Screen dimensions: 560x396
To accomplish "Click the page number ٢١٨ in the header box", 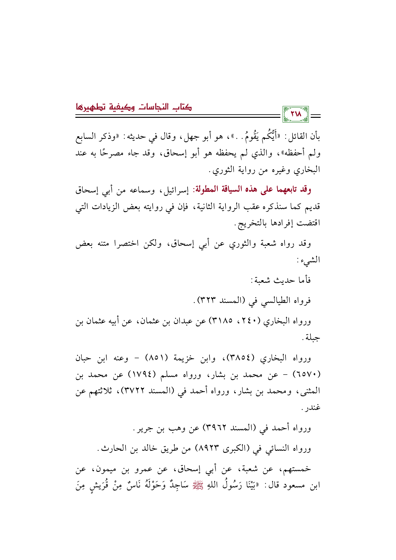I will pos(296,114).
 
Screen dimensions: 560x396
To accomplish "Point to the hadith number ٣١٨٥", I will pos(224,321).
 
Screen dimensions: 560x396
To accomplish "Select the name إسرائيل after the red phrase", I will pos(177,190).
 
